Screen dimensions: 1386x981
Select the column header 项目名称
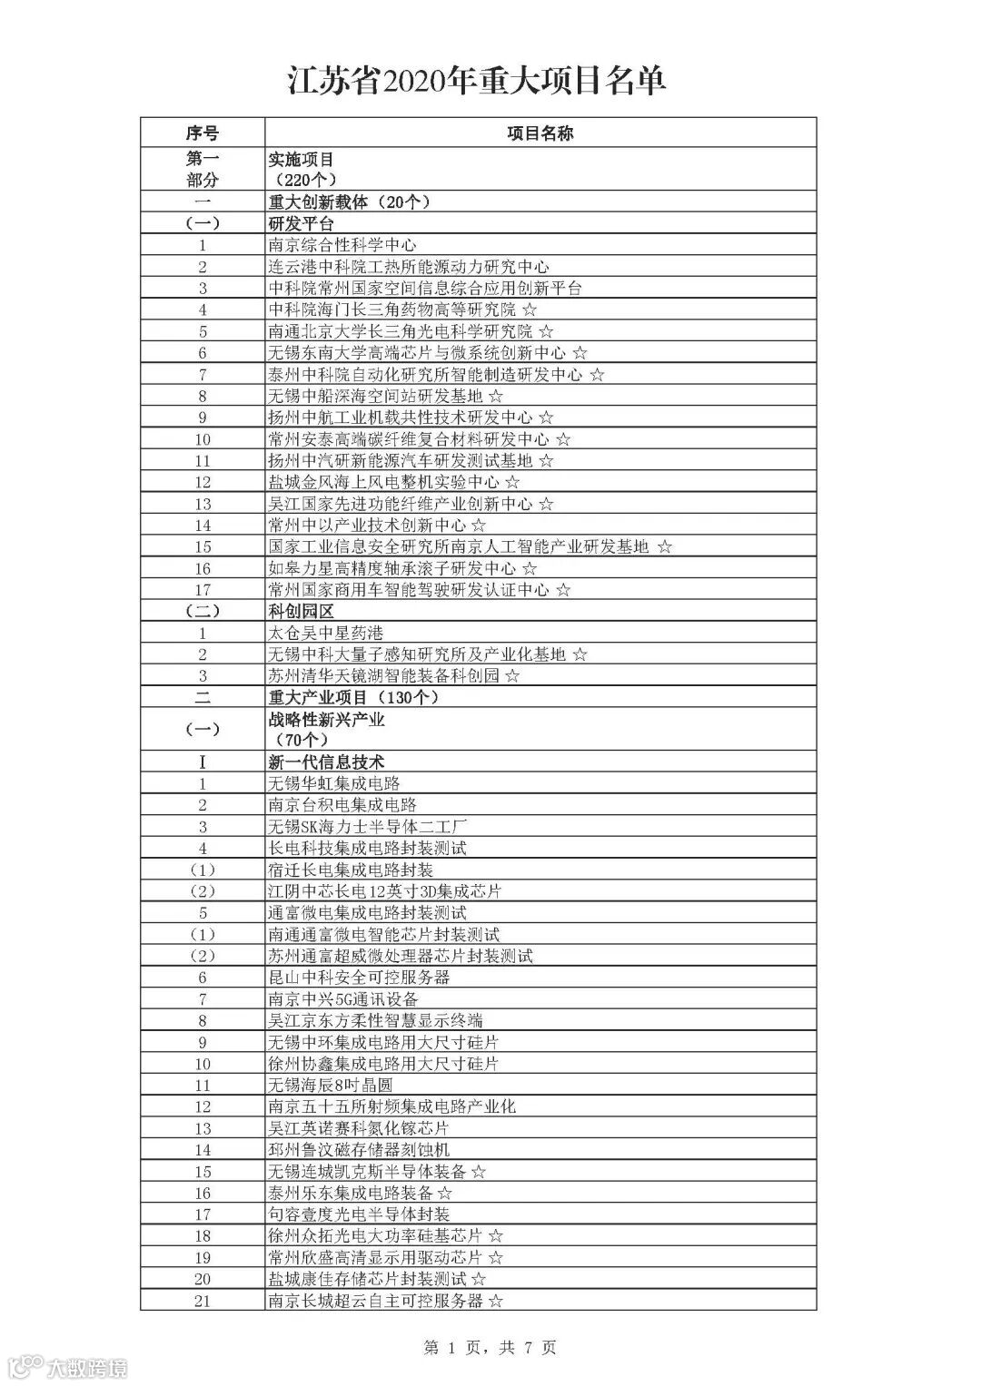(540, 133)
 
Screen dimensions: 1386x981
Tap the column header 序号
(203, 133)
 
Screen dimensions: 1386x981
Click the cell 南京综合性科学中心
(342, 245)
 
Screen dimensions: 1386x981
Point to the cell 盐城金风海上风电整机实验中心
(384, 482)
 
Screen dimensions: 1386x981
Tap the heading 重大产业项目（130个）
(353, 697)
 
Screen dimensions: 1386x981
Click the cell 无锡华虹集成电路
(334, 783)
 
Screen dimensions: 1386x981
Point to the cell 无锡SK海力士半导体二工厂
(368, 827)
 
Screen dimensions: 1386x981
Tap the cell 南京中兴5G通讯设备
(343, 998)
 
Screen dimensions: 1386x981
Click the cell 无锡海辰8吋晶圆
(331, 1085)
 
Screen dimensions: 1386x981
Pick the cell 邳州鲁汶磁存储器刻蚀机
(359, 1149)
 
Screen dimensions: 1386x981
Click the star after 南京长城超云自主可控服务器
(496, 1301)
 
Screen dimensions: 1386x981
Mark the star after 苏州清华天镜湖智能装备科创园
(512, 676)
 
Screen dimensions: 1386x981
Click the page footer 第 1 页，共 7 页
(490, 1348)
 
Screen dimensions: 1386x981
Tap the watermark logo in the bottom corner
(64, 1367)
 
